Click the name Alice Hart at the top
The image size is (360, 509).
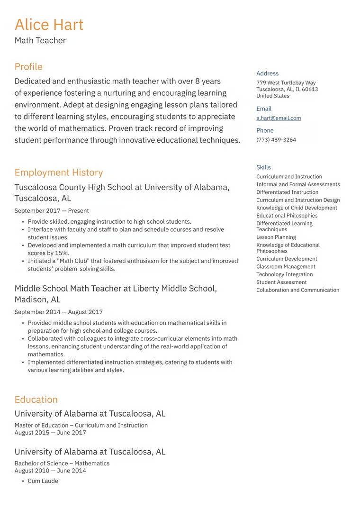click(49, 25)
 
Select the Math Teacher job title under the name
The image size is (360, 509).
click(40, 41)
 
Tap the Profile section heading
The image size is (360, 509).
click(28, 67)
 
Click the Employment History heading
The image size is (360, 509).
click(59, 173)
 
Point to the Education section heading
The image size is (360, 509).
click(36, 400)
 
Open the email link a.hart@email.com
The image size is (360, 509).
click(279, 118)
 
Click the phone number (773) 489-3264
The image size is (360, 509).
click(276, 140)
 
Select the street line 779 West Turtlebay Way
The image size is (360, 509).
click(286, 83)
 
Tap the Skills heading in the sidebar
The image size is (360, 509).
click(263, 167)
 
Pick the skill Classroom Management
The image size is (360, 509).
click(286, 267)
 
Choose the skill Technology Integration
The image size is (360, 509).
click(284, 274)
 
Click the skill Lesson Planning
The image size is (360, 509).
click(276, 237)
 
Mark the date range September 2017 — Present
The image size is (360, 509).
click(52, 211)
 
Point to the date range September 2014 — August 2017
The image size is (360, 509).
click(58, 312)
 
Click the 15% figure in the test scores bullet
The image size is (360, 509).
click(62, 253)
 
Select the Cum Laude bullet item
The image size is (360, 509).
click(43, 481)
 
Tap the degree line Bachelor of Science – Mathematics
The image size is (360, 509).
click(62, 464)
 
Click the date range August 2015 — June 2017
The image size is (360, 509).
click(50, 433)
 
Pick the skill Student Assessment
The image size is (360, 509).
click(281, 282)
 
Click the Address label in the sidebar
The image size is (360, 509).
click(267, 73)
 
